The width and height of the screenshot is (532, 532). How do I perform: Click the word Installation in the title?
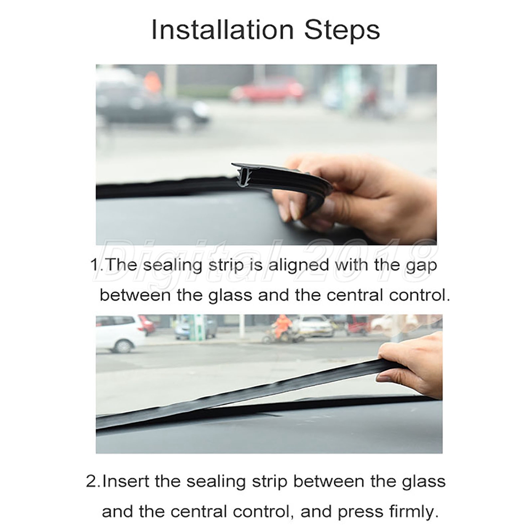[x=222, y=30]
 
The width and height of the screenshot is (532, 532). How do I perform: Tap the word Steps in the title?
[x=342, y=30]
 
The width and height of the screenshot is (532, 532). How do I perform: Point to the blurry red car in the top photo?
[x=267, y=89]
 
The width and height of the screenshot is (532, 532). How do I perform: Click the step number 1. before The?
[x=97, y=265]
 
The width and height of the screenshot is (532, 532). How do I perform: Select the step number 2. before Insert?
[x=93, y=482]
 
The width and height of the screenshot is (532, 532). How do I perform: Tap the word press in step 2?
[x=358, y=512]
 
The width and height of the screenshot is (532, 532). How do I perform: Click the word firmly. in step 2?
[x=412, y=511]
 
